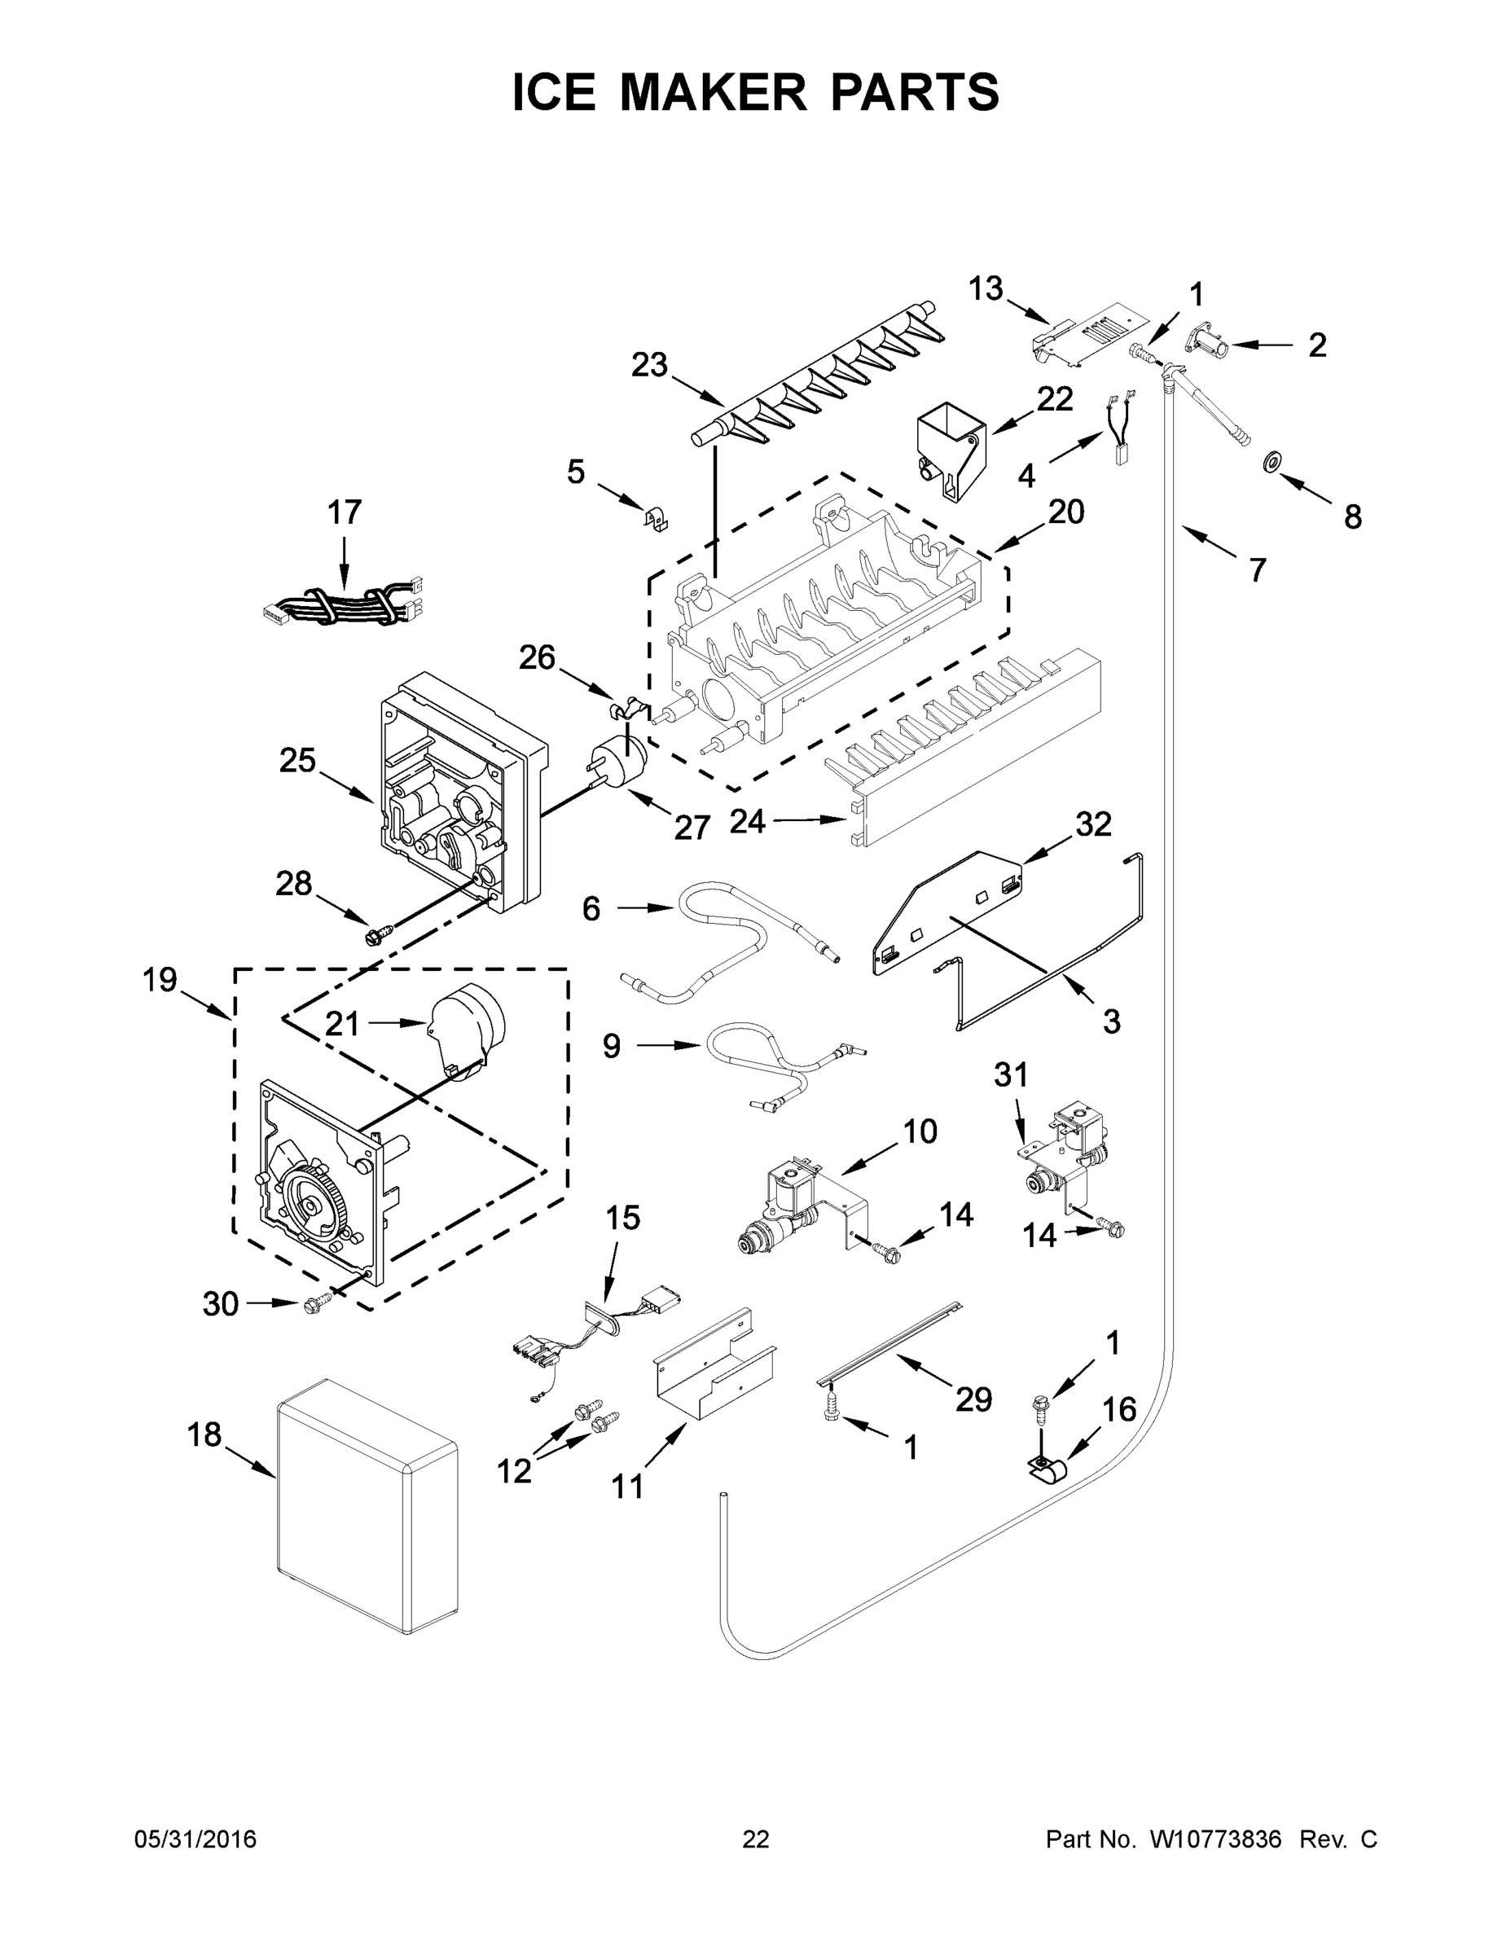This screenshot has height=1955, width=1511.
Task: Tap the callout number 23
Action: [x=649, y=365]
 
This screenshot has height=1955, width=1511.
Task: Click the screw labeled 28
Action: [x=372, y=936]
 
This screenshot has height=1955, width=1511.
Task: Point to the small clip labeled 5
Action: [x=658, y=518]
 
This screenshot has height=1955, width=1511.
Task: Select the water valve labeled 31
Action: [x=1070, y=1155]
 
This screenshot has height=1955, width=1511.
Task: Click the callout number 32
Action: [x=1093, y=824]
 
